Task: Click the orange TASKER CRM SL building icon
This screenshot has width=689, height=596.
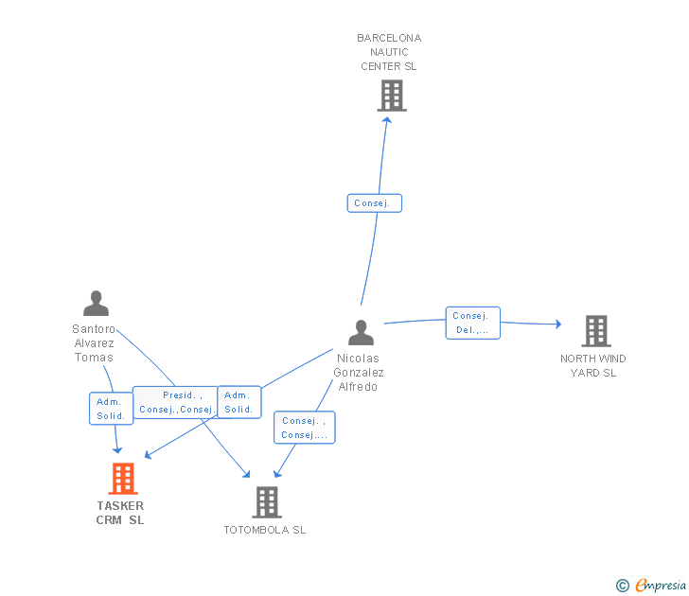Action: [123, 479]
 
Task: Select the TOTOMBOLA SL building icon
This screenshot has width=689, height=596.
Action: [267, 502]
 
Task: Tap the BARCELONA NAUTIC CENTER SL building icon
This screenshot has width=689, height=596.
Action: [392, 96]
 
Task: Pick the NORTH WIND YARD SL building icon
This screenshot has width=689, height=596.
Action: [596, 331]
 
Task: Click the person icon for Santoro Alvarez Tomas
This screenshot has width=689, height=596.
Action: [96, 303]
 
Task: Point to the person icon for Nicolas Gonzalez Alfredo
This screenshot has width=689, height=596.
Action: [362, 332]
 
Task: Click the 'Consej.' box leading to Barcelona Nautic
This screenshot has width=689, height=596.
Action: [375, 202]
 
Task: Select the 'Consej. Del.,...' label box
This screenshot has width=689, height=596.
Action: [473, 323]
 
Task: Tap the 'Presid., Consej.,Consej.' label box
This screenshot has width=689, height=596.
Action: [176, 402]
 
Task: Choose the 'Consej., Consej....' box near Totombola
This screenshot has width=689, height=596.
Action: [305, 428]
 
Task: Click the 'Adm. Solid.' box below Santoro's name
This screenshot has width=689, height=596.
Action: [111, 409]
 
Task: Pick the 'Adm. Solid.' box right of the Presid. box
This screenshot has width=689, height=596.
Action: [239, 402]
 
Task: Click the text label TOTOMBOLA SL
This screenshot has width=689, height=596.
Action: [265, 530]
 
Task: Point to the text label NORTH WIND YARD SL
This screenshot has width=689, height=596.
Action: [593, 365]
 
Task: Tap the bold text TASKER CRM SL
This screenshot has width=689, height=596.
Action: [120, 513]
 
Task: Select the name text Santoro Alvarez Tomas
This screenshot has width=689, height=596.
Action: [94, 343]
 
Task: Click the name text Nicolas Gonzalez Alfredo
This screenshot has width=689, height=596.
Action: [359, 373]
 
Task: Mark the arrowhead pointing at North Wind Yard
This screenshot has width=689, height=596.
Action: [558, 324]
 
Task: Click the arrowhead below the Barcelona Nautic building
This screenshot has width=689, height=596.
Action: [387, 120]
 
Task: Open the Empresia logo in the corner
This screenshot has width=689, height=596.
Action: [651, 585]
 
